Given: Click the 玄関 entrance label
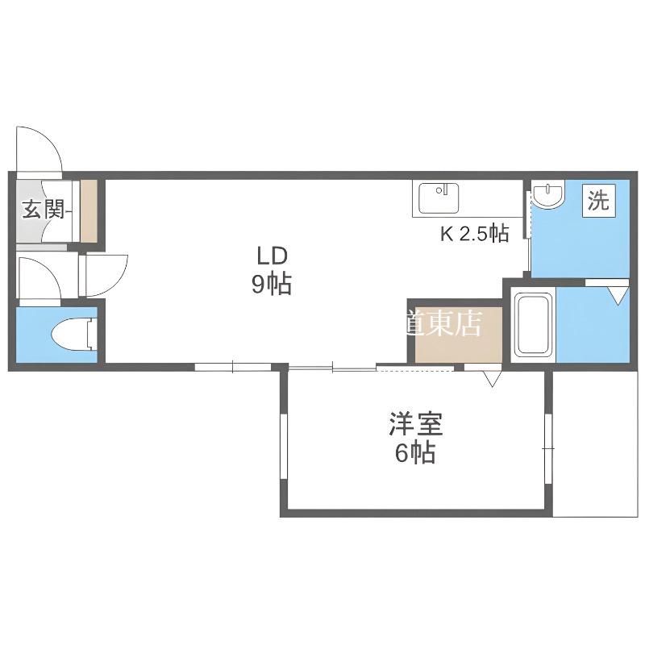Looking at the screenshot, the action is [44, 209].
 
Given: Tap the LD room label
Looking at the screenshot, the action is [272, 256].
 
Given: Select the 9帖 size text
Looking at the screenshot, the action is [272, 285].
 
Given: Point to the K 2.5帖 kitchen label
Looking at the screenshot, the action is [475, 234].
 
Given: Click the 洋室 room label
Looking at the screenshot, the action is [416, 424].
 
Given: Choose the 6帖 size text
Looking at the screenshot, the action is [415, 453].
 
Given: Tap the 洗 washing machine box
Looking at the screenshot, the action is [598, 200].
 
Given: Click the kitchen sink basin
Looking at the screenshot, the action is [439, 198].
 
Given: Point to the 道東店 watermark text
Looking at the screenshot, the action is [443, 323].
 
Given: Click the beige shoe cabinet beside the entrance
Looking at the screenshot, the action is [89, 210].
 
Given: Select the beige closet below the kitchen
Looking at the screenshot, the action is [458, 335].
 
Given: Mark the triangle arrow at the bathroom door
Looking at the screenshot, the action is [618, 296].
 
